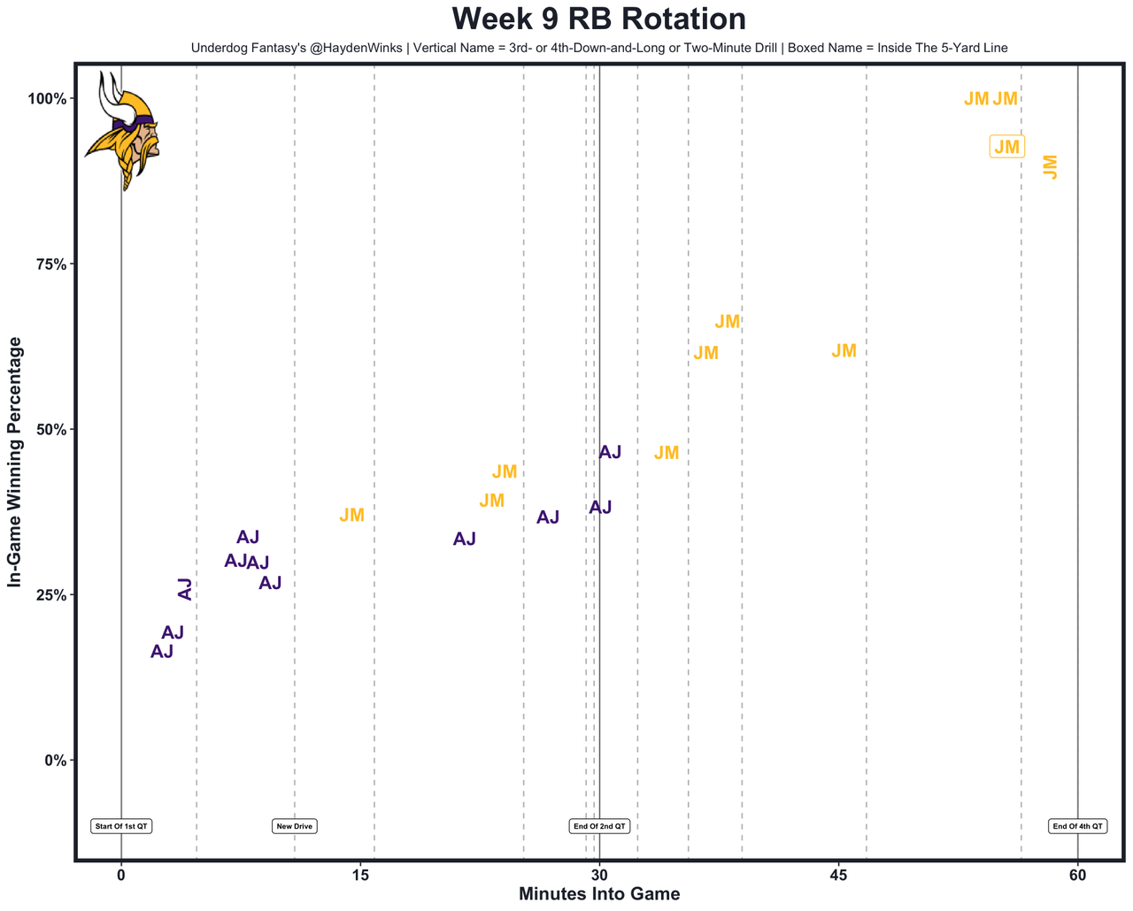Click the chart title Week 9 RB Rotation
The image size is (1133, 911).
(x=598, y=19)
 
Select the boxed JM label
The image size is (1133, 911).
(x=1006, y=147)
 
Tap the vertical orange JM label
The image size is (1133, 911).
(x=1051, y=166)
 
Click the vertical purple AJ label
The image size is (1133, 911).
(x=185, y=589)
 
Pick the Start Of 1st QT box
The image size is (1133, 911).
(x=121, y=826)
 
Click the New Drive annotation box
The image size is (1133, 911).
(x=295, y=826)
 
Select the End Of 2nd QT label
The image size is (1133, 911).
(x=599, y=826)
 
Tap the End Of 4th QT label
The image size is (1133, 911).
(x=1077, y=826)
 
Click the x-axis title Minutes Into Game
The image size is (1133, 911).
(x=599, y=894)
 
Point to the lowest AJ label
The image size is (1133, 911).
(x=162, y=652)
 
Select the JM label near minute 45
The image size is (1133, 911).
(x=844, y=351)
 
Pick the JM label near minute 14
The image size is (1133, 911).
(x=351, y=516)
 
